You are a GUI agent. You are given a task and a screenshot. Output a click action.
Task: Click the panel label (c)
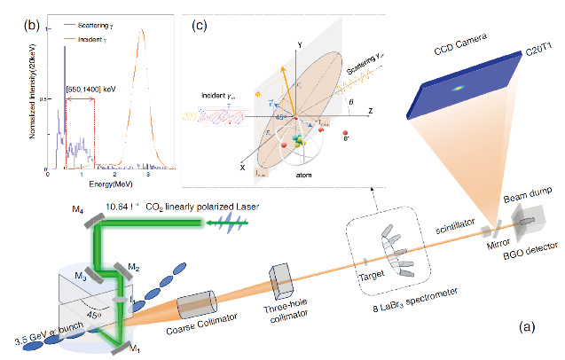[200, 25]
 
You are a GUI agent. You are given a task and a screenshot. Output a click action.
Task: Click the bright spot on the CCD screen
[459, 88]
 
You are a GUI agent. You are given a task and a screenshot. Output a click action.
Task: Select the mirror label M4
[77, 209]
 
